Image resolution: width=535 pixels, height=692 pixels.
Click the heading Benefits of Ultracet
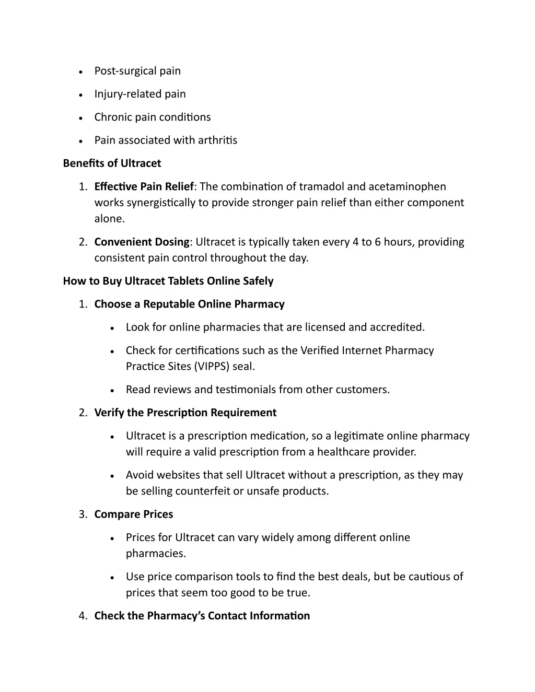112,163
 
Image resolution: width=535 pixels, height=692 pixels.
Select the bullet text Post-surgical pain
137,71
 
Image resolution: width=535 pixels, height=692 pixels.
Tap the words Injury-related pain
140,94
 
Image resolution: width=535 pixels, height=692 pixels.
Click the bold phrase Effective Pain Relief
144,186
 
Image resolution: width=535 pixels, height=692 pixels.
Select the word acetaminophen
407,186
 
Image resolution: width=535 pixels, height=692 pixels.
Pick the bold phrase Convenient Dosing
142,242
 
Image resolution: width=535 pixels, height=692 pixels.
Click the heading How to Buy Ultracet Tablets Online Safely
168,281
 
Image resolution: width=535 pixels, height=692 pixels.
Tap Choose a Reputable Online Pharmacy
189,304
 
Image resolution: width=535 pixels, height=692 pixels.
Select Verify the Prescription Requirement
185,413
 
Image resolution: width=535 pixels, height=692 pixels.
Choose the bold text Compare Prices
133,514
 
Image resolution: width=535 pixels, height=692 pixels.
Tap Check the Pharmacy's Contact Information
202,616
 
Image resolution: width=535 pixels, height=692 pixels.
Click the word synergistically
161,203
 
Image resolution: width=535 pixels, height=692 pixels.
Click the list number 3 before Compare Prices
83,514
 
